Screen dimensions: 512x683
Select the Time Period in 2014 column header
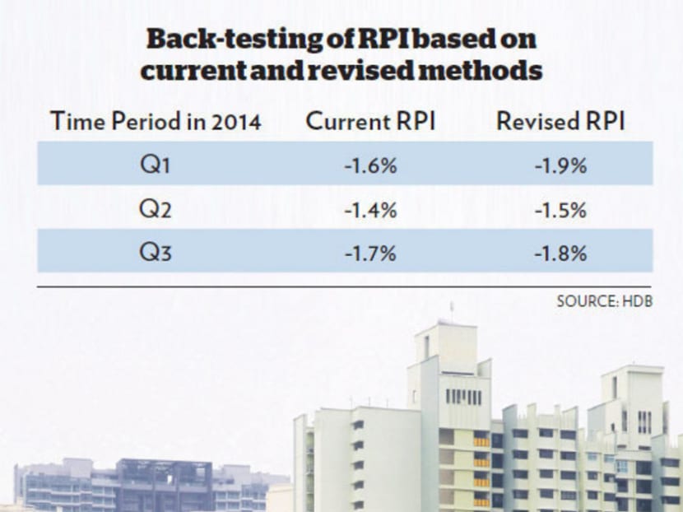pyautogui.click(x=156, y=122)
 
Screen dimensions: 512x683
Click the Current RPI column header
pyautogui.click(x=370, y=122)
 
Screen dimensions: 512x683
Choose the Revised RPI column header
pyautogui.click(x=561, y=122)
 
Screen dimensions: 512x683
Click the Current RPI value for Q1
pyautogui.click(x=370, y=165)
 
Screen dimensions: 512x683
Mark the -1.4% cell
pyautogui.click(x=370, y=210)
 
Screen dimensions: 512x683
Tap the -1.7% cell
pyautogui.click(x=370, y=254)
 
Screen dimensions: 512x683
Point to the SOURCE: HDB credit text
pyautogui.click(x=604, y=301)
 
